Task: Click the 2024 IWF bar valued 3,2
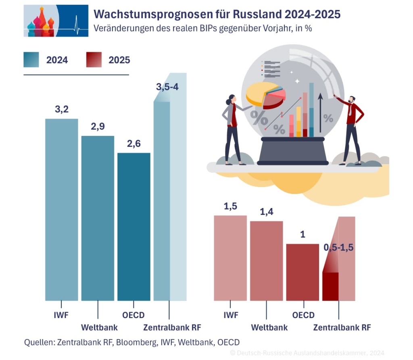click(61, 210)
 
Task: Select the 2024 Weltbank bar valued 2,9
click(98, 218)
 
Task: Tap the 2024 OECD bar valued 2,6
click(134, 227)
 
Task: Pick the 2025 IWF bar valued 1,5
click(230, 258)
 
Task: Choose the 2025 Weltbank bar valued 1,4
click(266, 261)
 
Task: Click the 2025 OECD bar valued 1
click(302, 272)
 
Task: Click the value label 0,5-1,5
click(339, 248)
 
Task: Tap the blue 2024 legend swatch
click(31, 60)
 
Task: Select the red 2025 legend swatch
click(94, 60)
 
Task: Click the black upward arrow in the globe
click(320, 113)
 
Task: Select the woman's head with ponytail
click(232, 100)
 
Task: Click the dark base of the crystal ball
click(292, 151)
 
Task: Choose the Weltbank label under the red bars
click(269, 327)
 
